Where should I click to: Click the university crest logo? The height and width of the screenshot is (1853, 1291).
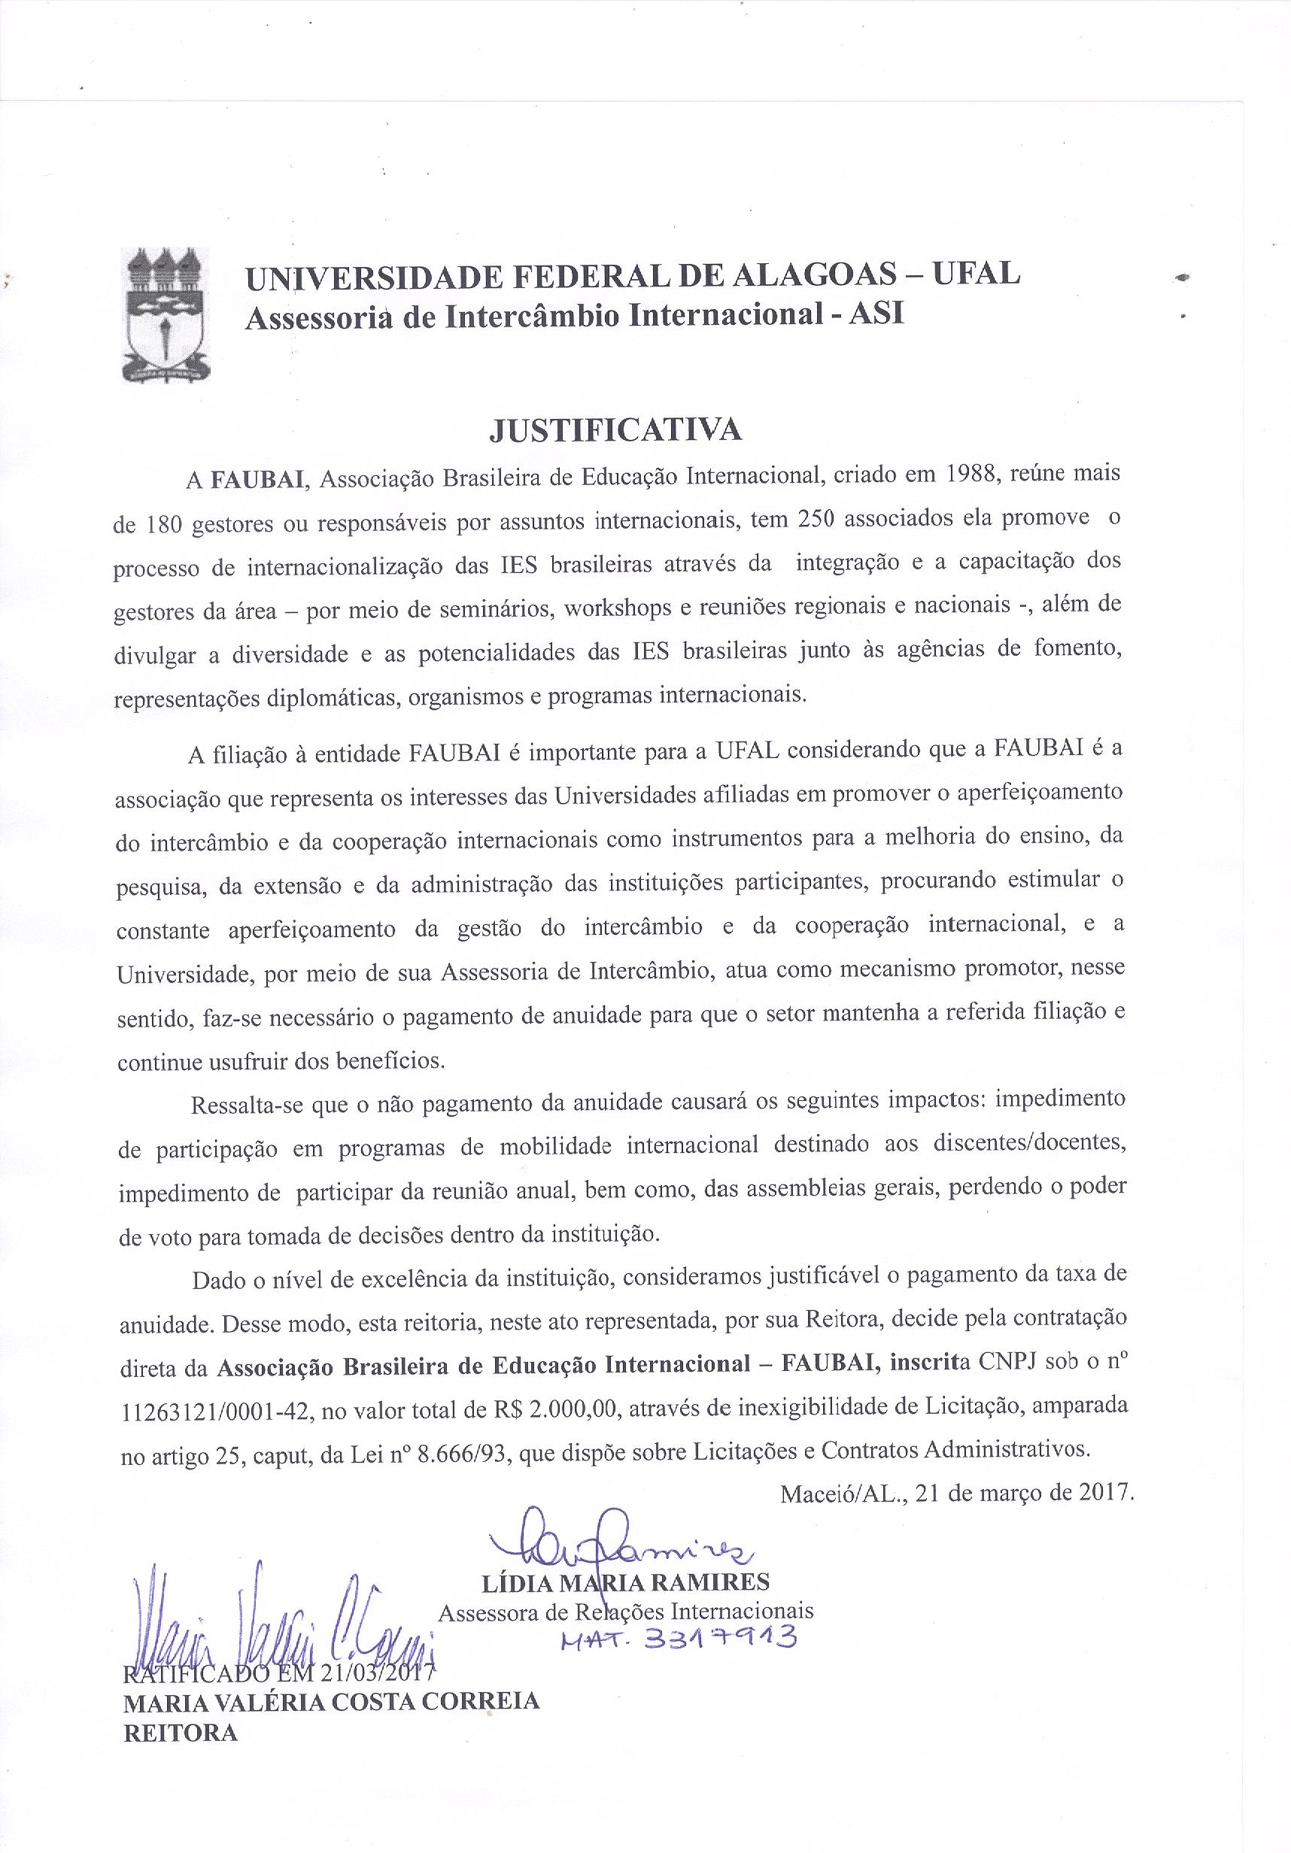pos(166,315)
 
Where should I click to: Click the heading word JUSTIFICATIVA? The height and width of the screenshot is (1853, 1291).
pos(616,429)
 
